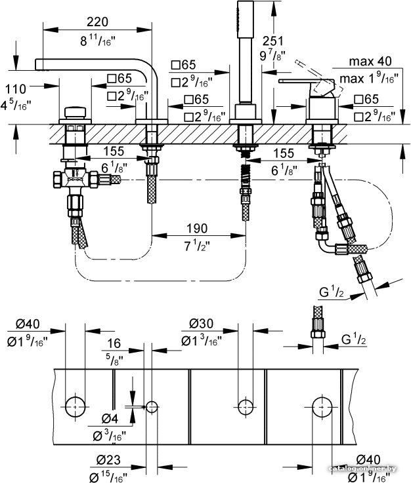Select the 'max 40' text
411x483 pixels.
370,62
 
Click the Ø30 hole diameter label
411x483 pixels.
202,323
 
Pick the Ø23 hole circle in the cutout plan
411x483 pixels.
152,407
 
